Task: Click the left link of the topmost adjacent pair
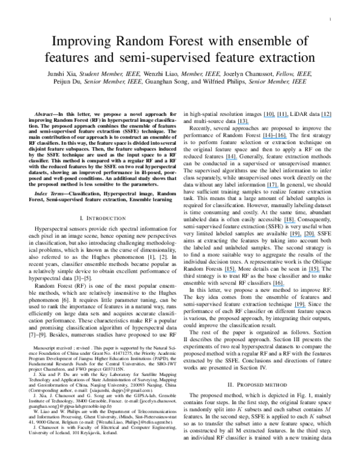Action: pos(269,116)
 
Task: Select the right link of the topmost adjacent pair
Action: pos(283,116)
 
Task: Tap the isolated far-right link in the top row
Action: pos(326,116)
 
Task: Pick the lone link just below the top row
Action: pos(242,124)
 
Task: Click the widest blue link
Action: pos(275,138)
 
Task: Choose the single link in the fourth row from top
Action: pos(232,159)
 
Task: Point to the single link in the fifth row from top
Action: pos(272,187)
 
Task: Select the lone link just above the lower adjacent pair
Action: pos(290,223)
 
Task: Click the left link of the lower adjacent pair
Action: pos(296,236)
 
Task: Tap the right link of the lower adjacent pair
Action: pos(310,236)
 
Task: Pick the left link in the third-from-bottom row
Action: pos(230,271)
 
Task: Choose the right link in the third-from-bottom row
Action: pos(314,271)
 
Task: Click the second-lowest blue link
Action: pos(278,286)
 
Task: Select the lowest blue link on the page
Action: pos(300,307)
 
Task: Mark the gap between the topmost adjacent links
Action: pos(276,116)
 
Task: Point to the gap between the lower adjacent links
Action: pos(303,236)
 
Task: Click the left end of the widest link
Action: pos(263,138)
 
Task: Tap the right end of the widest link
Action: pos(287,138)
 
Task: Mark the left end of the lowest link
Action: pos(295,307)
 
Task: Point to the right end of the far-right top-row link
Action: pos(332,116)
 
